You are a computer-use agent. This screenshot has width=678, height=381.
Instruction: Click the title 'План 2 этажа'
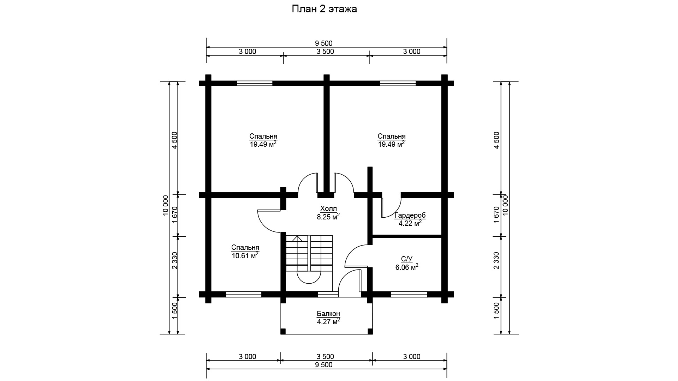click(324, 9)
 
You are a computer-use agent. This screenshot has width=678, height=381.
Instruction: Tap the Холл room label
click(328, 208)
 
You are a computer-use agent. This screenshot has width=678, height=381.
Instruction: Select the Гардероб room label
click(410, 215)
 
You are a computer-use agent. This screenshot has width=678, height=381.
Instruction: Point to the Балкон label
click(328, 314)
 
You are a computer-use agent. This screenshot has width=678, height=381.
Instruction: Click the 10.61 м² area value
click(245, 255)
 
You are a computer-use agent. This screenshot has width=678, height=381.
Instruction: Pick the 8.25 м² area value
click(328, 217)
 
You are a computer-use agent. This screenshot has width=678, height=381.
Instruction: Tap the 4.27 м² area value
click(328, 321)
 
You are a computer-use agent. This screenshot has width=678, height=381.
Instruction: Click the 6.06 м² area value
click(407, 267)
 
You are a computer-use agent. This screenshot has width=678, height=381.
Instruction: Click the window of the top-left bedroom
click(255, 84)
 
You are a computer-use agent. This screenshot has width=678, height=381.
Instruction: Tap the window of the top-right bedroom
click(398, 84)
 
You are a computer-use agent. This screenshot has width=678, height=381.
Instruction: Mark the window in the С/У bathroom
click(409, 294)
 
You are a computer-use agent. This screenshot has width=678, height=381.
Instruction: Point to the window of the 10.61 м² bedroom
click(244, 294)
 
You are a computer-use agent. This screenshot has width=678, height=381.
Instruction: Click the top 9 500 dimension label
click(324, 43)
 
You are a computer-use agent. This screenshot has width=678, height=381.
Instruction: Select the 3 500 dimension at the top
click(325, 52)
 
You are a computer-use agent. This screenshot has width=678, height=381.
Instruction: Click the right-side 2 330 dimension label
click(496, 261)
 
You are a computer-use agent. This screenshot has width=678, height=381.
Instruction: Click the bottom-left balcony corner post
click(283, 331)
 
